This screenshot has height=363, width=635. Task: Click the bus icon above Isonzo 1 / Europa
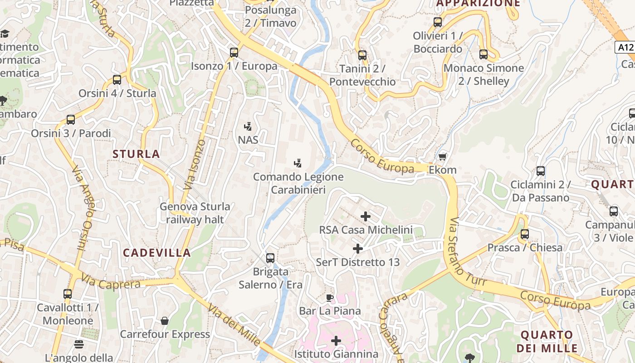click(234, 52)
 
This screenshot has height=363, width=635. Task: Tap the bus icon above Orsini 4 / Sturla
click(117, 80)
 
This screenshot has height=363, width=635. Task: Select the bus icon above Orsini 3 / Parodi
click(71, 120)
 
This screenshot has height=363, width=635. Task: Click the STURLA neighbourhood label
click(136, 154)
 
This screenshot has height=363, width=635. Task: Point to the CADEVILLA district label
click(157, 253)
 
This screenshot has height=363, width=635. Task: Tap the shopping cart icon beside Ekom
click(443, 157)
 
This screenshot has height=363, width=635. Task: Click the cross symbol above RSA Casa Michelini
click(366, 216)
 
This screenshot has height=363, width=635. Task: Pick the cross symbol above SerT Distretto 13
click(358, 249)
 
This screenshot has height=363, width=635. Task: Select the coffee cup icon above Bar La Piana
click(330, 298)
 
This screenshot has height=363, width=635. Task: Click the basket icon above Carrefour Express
click(165, 321)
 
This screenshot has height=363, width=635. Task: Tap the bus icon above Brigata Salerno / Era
click(270, 258)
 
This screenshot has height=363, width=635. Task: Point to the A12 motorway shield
click(625, 47)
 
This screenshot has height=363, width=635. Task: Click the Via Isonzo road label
click(195, 164)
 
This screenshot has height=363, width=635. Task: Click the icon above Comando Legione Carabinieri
click(298, 163)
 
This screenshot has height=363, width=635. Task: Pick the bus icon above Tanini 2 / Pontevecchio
click(362, 55)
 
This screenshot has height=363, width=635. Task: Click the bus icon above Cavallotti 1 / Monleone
click(68, 294)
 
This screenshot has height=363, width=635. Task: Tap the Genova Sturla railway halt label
click(195, 213)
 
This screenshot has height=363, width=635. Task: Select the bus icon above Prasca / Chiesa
click(525, 234)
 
